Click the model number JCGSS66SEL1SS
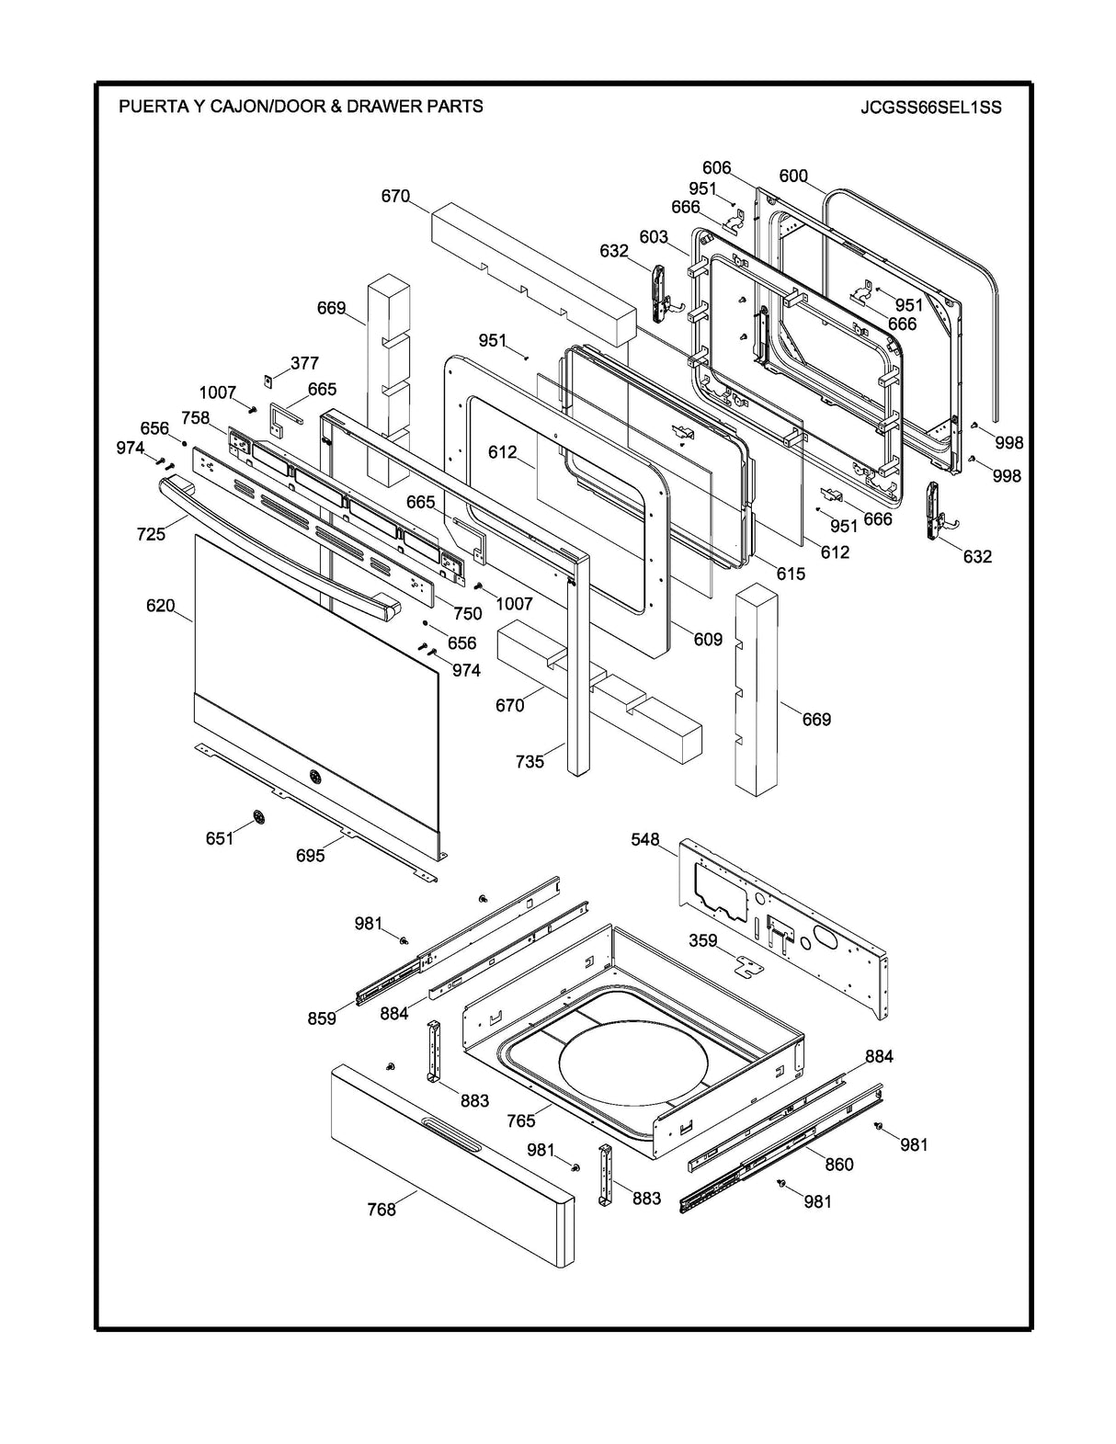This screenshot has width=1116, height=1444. click(930, 108)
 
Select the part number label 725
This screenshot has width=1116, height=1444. click(151, 533)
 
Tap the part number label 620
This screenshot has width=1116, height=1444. click(160, 606)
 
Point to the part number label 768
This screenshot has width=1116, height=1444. click(381, 1209)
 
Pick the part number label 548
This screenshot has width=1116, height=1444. click(645, 839)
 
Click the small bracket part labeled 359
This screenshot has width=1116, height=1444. click(749, 965)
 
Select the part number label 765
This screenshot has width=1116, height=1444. click(521, 1121)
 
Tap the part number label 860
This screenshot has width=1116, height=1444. click(838, 1164)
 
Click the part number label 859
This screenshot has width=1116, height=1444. click(322, 1018)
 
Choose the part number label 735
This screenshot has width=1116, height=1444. click(530, 761)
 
